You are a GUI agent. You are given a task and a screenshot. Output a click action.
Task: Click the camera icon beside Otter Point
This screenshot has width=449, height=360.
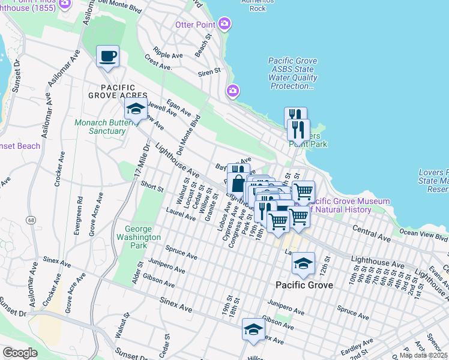pos(224,24)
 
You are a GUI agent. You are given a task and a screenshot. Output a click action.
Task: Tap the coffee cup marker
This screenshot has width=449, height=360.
pos(107,57)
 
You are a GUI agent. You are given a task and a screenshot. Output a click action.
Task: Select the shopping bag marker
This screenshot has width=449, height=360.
pos(238,179)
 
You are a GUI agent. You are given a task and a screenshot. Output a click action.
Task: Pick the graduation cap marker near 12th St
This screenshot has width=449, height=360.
pos(303,264)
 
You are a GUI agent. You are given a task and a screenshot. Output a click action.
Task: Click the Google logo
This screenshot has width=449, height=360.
pos(20,353)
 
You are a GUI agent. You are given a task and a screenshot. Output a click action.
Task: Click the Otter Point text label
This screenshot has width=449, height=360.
pos(196,25)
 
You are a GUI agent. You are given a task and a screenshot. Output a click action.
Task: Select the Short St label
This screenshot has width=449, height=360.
pos(152,187)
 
